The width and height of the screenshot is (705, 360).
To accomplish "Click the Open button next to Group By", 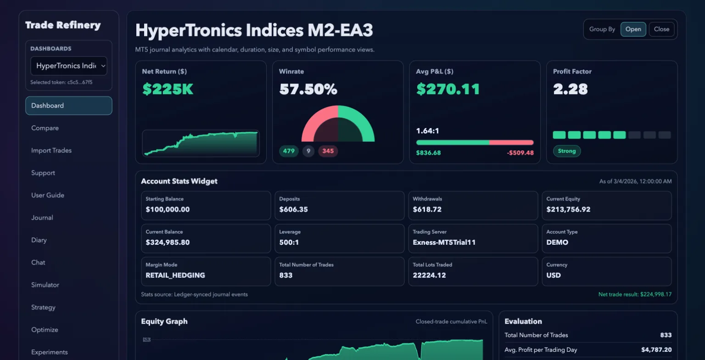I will pos(633,29).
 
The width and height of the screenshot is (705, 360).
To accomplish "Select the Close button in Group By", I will pos(661,29).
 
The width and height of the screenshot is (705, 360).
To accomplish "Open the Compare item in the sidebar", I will pos(45,128).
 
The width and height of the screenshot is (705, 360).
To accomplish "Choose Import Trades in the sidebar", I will pos(51,151).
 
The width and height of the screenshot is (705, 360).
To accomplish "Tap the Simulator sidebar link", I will pos(45,285).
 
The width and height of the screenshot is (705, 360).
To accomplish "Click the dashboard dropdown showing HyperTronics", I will pos(69,66).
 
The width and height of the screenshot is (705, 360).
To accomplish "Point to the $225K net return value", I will pos(168,89).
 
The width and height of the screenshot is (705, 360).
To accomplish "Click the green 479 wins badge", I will pos(289,151).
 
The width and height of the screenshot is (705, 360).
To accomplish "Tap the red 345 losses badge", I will pos(328,151).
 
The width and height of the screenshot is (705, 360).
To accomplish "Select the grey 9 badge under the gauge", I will pos(308,151).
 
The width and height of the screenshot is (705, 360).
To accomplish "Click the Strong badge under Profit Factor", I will pos(567,151).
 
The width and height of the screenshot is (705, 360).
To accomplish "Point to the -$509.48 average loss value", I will pos(520,153).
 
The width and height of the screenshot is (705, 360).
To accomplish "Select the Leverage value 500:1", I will pos(289,242).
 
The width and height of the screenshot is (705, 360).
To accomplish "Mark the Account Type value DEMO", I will pos(557,242).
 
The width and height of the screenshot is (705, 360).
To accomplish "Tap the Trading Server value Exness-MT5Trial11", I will pos(444,242).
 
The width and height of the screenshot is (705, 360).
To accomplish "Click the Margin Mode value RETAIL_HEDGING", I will pos(175,276).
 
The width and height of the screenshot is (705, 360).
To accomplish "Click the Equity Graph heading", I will pos(164,321).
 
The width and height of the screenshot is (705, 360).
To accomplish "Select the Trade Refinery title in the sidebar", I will pos(63,25).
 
